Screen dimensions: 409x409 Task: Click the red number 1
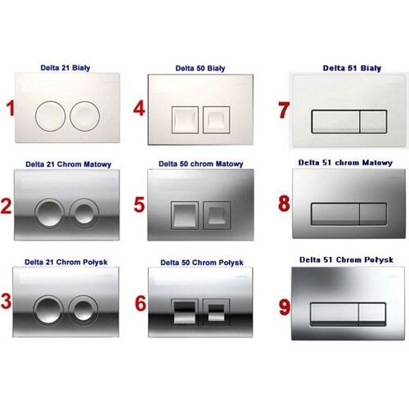point(11,108)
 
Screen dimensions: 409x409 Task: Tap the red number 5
point(139,204)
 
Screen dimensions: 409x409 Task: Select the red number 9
point(284,307)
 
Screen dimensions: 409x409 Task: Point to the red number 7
point(284,110)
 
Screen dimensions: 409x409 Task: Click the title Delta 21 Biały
point(65,68)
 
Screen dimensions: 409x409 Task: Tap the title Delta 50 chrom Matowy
point(201,164)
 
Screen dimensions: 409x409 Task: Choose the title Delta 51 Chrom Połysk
point(346,260)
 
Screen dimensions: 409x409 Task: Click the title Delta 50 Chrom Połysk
point(202,263)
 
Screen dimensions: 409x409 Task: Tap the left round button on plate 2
point(50,213)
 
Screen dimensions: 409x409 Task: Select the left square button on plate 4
point(185,119)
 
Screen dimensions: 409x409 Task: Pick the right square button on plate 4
point(217,119)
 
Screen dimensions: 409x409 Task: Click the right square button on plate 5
point(217,215)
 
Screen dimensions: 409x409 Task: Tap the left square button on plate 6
point(185,312)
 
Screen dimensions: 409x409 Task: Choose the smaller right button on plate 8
point(373,214)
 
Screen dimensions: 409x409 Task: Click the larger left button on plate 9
point(335,314)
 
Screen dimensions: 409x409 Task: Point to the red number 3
point(6,301)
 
